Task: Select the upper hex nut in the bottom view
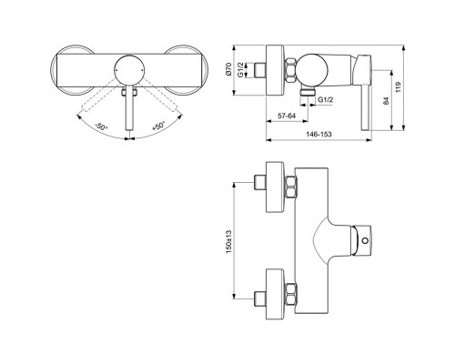click(294, 188)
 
